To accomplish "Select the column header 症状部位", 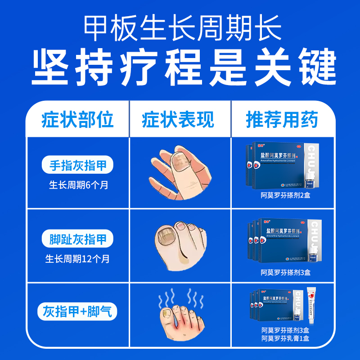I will tap(77, 120).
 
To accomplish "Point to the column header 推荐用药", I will tap(282, 120).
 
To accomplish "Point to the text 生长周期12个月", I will tap(77, 259).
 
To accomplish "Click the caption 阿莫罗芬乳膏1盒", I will tap(285, 338).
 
